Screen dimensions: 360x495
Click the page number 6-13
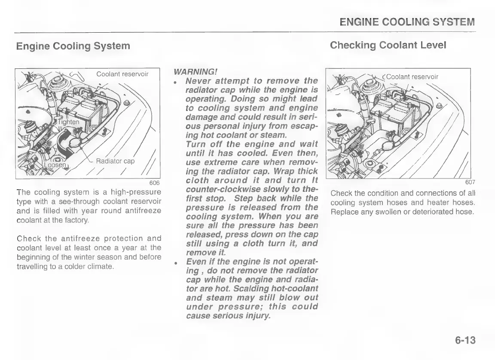click(x=465, y=341)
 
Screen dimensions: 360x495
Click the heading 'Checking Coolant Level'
click(x=388, y=45)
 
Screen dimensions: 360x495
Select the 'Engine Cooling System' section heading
click(x=73, y=46)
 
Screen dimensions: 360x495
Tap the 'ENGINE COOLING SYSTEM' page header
click(x=407, y=22)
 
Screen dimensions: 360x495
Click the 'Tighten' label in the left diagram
click(x=69, y=122)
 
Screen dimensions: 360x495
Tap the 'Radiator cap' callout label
click(x=115, y=161)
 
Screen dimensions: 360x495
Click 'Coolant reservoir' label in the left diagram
click(x=122, y=74)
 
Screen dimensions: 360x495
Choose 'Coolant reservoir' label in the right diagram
click(x=412, y=77)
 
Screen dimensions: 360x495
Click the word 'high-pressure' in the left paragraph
click(x=138, y=192)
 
